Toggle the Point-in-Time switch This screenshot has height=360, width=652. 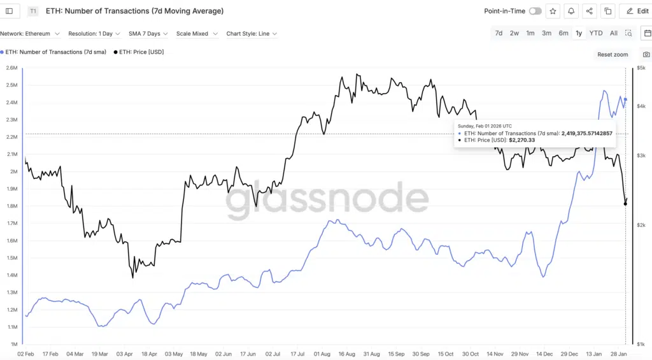(x=535, y=11)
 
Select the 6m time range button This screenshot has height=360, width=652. (x=563, y=33)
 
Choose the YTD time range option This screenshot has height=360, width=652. (x=596, y=33)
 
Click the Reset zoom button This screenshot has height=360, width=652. (x=613, y=55)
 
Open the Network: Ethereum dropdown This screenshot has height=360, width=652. (x=31, y=34)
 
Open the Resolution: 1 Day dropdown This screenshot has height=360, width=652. (x=94, y=34)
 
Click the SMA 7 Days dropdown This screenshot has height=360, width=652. (x=148, y=34)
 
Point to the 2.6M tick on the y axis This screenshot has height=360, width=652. (x=11, y=68)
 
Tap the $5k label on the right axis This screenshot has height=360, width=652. (x=641, y=68)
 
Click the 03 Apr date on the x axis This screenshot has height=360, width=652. (x=124, y=354)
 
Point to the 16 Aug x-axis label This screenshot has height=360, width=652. (x=346, y=354)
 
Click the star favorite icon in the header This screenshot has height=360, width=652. (x=553, y=11)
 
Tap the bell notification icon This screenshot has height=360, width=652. (x=571, y=11)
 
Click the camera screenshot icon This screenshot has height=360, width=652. (x=646, y=55)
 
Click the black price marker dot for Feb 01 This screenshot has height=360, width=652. (x=625, y=204)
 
